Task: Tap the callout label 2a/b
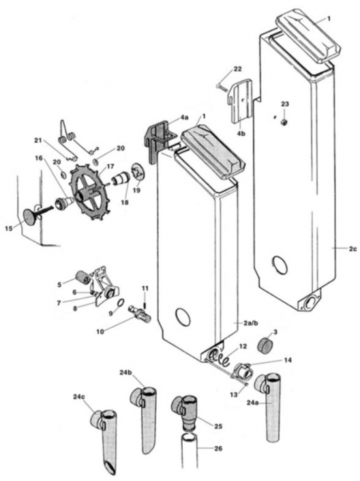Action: tap(252, 321)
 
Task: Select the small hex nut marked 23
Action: tap(284, 121)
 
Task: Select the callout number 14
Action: tap(287, 359)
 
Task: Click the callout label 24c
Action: tap(78, 396)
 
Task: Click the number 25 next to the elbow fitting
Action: tap(219, 426)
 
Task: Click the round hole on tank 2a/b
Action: tap(183, 317)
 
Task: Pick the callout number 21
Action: tap(38, 140)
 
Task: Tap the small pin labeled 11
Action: tap(145, 298)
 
